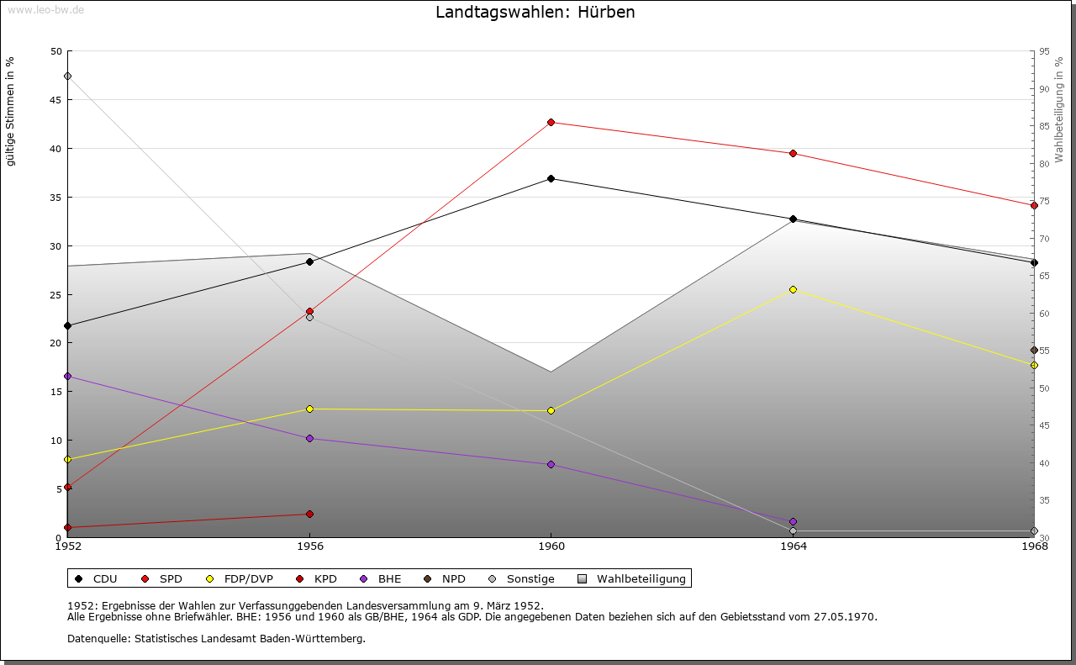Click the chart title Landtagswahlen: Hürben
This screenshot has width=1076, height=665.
[x=535, y=13]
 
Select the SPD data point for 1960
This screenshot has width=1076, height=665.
[x=551, y=123]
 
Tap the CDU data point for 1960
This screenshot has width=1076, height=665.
[x=551, y=178]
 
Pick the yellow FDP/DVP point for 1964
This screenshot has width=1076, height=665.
[x=793, y=289]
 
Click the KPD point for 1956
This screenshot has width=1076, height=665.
[x=309, y=514]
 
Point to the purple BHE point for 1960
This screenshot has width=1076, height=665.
[x=551, y=464]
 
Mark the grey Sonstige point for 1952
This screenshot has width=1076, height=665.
[x=67, y=77]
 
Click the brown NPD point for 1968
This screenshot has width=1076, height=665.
[x=1034, y=351]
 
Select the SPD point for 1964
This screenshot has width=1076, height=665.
[x=793, y=153]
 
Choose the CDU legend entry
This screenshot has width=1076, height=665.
[x=96, y=578]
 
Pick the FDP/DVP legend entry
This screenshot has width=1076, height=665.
[x=239, y=578]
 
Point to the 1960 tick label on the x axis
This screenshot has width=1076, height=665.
[x=551, y=546]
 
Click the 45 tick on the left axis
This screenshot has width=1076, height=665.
[x=55, y=100]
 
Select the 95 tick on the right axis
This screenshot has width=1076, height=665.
[x=1044, y=51]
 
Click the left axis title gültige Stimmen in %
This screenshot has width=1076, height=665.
[x=10, y=112]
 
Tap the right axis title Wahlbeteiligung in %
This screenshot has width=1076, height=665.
[x=1059, y=110]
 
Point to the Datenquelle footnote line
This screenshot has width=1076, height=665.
[x=216, y=638]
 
